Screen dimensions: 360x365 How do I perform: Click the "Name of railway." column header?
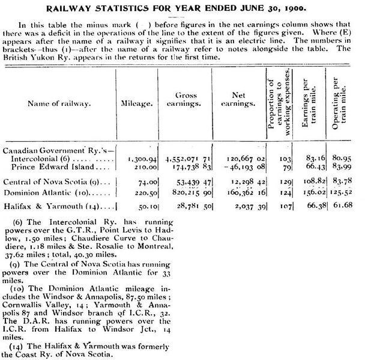click(58, 103)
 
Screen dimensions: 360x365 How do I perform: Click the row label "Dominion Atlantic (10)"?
click(53, 193)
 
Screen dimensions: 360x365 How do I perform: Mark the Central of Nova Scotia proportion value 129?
click(286, 182)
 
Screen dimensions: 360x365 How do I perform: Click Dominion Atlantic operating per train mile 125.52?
click(345, 193)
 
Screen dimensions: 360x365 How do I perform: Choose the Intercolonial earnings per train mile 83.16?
click(315, 157)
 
